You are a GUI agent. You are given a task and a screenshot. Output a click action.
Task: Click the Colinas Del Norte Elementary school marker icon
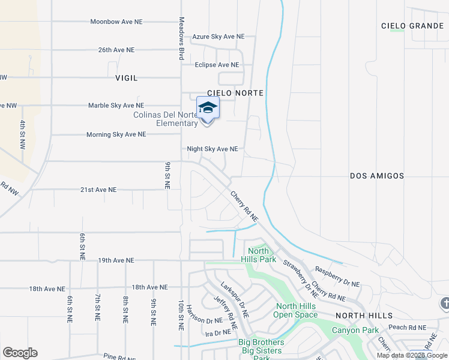[208, 109]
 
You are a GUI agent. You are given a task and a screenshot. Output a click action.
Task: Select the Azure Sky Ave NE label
[218, 37]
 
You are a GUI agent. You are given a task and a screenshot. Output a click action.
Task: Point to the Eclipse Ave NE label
[217, 65]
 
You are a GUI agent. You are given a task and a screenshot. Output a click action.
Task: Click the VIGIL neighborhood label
[127, 78]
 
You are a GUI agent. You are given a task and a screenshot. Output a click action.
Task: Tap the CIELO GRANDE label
[412, 26]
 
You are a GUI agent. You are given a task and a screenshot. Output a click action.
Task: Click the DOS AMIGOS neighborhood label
[377, 176]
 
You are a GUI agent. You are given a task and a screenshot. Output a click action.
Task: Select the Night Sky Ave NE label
[212, 149]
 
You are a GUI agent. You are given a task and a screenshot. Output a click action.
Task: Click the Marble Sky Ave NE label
[116, 106]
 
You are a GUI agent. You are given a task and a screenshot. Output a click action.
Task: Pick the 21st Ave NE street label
[98, 190]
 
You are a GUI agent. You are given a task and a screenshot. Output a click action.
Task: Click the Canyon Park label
[356, 330]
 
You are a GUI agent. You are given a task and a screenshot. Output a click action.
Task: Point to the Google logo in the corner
[20, 353]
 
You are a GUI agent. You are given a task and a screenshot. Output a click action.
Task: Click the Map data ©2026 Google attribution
[412, 355]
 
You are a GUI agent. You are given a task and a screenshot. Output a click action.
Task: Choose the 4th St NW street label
[22, 135]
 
